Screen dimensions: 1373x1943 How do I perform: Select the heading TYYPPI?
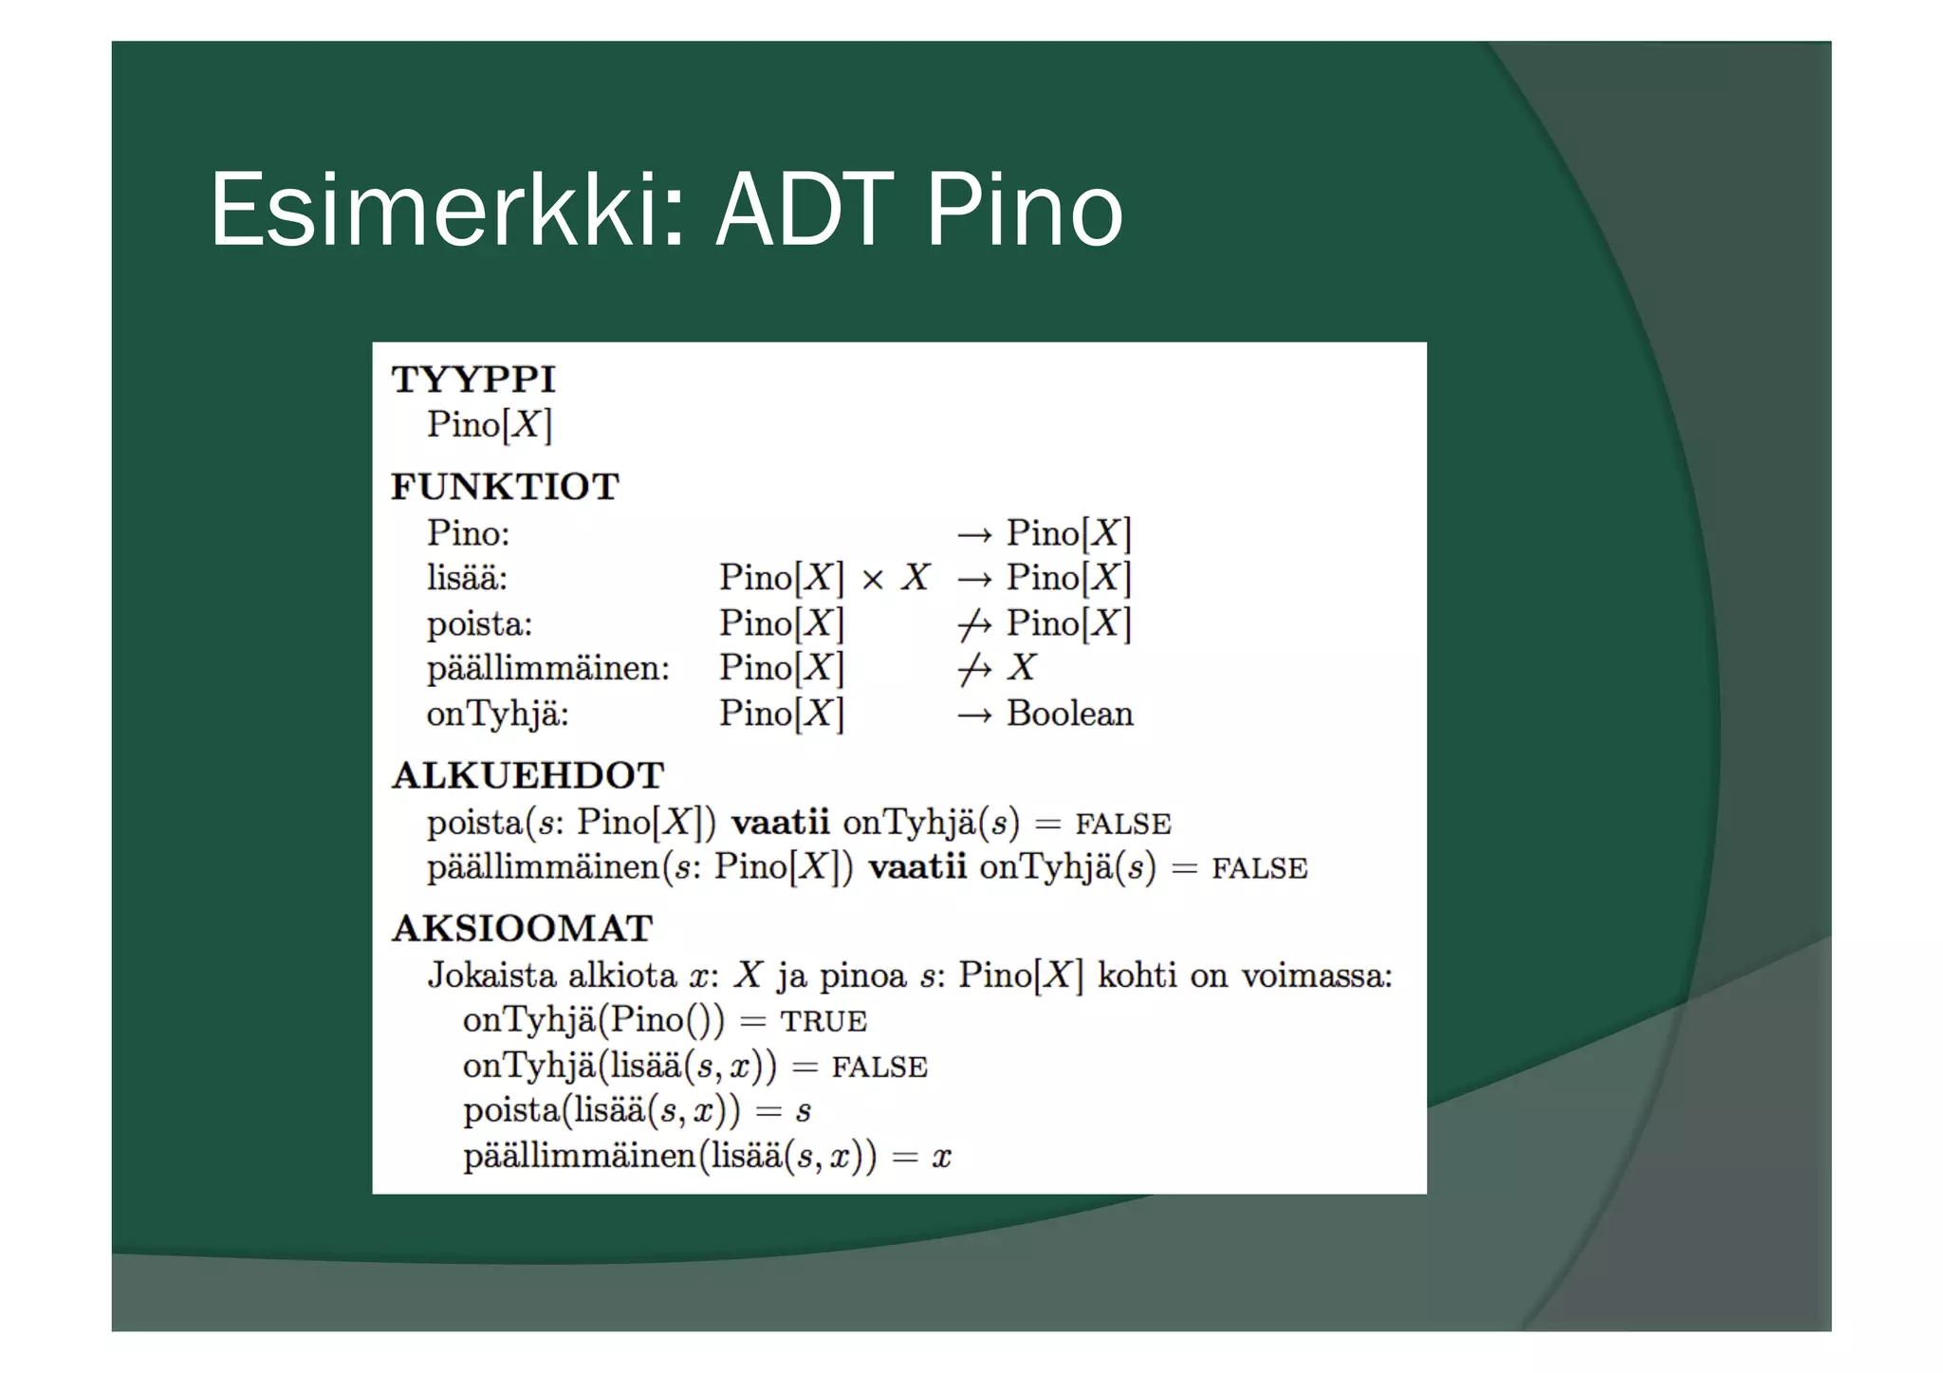coord(473,380)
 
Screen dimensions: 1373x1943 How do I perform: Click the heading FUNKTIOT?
coord(505,487)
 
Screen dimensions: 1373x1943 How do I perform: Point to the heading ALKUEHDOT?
coord(527,775)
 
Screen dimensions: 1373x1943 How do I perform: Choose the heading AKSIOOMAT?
coord(523,928)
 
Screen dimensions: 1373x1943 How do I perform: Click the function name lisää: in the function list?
coord(467,578)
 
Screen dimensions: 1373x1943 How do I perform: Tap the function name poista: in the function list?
coord(479,623)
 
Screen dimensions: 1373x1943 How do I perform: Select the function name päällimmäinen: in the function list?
coord(547,668)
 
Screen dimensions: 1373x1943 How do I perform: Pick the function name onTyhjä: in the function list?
coord(497,714)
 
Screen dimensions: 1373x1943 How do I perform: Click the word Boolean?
coord(1069,714)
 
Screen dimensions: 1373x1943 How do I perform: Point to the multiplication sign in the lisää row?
coord(873,579)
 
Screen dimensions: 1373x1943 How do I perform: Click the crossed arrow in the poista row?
coord(974,624)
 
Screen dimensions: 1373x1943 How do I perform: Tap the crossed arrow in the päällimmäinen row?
coord(974,670)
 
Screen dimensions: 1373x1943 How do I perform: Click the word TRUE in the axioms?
coord(823,1022)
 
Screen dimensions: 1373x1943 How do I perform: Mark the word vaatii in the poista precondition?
coord(780,822)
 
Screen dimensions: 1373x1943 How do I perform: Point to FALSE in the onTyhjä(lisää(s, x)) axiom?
coord(879,1067)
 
